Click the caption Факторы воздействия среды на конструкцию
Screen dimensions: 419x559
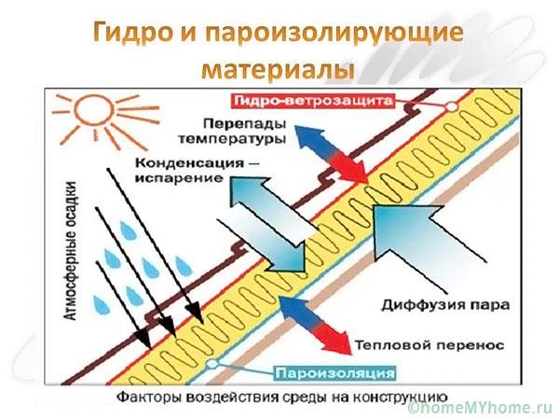(285, 395)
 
